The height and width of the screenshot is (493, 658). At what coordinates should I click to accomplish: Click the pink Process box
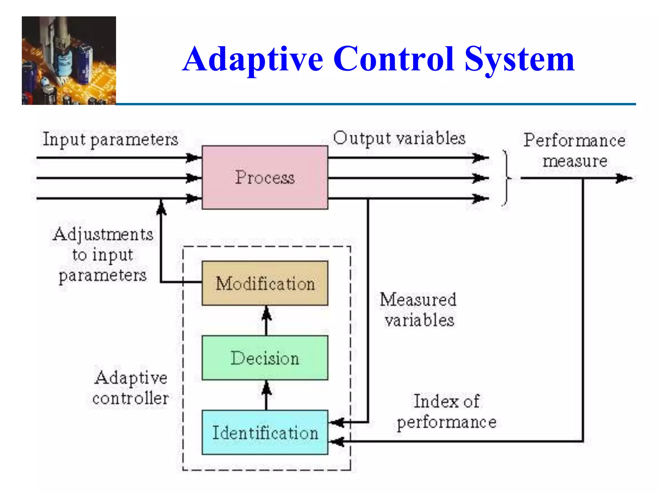(x=265, y=177)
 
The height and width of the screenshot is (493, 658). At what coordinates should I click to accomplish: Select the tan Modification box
(x=265, y=283)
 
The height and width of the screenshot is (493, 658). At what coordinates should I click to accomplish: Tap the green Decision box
(x=265, y=358)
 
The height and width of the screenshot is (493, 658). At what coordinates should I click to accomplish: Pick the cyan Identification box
(x=265, y=432)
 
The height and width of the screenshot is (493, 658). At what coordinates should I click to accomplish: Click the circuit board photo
(x=69, y=60)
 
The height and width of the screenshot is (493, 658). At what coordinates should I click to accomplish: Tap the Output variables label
(x=399, y=139)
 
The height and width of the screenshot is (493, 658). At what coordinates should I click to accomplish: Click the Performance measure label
(x=574, y=150)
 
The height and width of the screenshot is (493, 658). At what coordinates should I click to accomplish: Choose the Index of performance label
(x=447, y=411)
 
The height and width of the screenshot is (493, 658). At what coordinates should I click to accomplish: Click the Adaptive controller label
(x=130, y=388)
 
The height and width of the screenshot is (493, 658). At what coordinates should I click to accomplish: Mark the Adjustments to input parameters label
(x=103, y=255)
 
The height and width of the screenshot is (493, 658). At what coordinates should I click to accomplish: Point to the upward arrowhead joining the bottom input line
(x=161, y=207)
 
